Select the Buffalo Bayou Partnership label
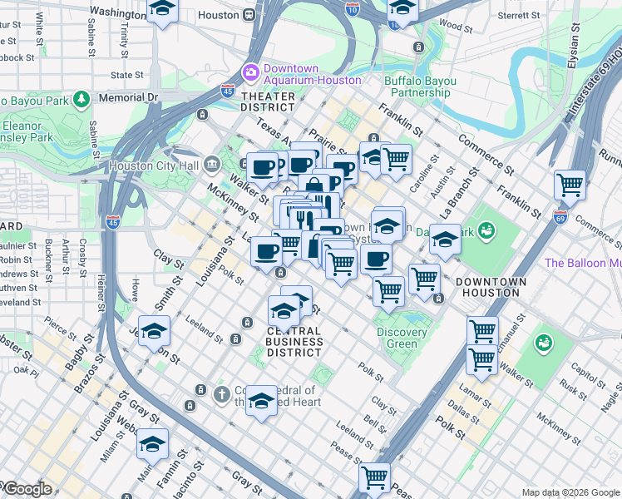pyautogui.click(x=420, y=86)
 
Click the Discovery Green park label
pyautogui.click(x=402, y=338)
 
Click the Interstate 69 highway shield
pyautogui.click(x=560, y=217)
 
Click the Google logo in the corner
pyautogui.click(x=27, y=489)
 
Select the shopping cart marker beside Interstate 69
pyautogui.click(x=570, y=184)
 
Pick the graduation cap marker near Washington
pyautogui.click(x=162, y=9)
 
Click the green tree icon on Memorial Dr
pyautogui.click(x=81, y=100)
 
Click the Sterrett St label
pyautogui.click(x=519, y=15)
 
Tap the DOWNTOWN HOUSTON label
pyautogui.click(x=491, y=288)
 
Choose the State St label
pyautogui.click(x=127, y=75)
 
